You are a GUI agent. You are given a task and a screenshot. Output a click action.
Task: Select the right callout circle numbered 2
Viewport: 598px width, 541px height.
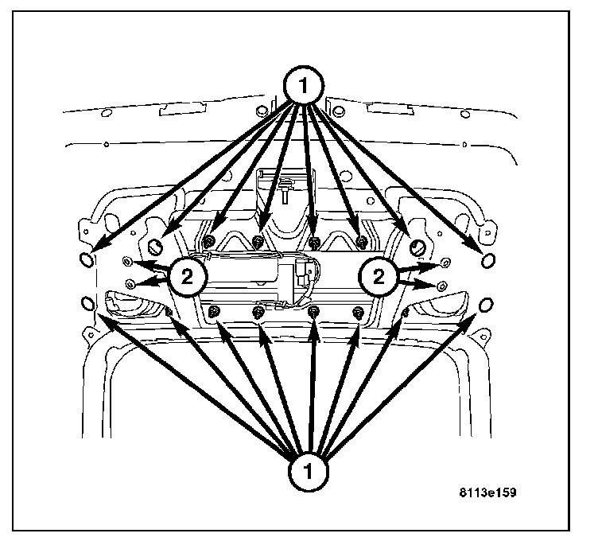[377, 276]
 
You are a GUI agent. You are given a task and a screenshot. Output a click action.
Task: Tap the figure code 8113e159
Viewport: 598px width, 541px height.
[487, 493]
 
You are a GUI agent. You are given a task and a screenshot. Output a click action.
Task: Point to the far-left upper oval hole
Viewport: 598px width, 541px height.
[87, 259]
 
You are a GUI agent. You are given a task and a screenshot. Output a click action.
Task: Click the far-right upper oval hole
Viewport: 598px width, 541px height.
[489, 259]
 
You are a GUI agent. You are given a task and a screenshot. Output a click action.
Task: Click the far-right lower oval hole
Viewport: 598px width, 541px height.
[487, 302]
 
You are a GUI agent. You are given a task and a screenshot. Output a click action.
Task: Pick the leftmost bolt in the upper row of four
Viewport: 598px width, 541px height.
[208, 241]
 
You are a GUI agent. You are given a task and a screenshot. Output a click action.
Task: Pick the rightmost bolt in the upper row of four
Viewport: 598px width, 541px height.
[361, 241]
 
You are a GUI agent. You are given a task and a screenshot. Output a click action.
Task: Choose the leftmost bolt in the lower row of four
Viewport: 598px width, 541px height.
[214, 313]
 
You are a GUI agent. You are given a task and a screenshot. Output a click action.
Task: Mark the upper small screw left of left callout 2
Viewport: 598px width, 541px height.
[127, 261]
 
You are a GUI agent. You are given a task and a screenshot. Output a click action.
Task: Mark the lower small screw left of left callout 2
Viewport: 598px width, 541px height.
[130, 283]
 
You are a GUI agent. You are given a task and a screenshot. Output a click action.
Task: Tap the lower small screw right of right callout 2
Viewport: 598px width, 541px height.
[442, 284]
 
